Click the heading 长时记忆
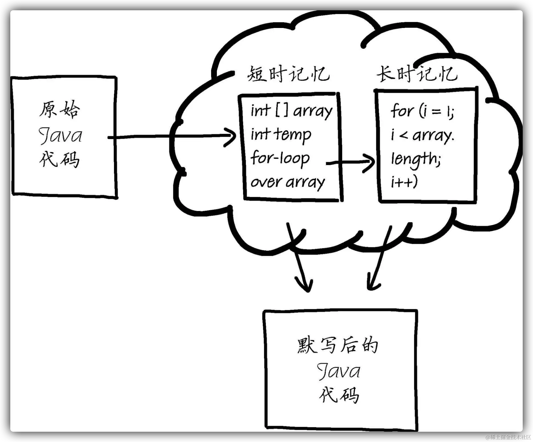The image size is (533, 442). click(x=417, y=74)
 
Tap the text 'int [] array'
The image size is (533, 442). click(x=291, y=111)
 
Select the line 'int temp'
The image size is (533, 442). click(x=281, y=135)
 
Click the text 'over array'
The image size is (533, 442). click(x=287, y=182)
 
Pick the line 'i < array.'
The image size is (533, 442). click(x=422, y=135)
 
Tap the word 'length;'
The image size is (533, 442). click(x=416, y=159)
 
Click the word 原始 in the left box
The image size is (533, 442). click(x=60, y=109)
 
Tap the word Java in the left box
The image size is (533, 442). click(x=60, y=136)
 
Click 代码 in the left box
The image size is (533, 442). click(x=59, y=159)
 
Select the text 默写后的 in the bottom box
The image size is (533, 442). click(x=338, y=345)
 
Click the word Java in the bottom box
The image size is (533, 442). click(x=339, y=371)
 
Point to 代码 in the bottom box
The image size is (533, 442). click(x=339, y=395)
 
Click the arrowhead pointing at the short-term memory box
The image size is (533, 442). click(x=231, y=137)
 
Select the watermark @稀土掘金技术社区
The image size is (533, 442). click(x=507, y=437)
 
